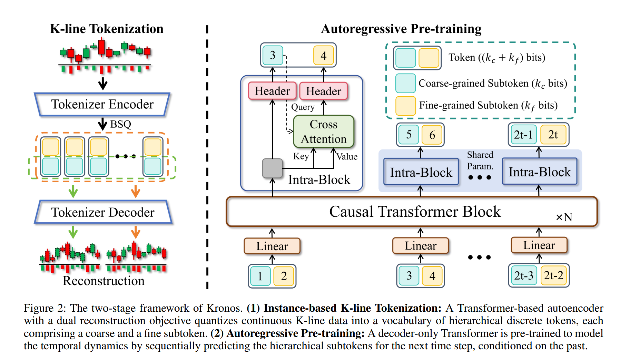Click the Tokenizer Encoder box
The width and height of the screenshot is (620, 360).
102,104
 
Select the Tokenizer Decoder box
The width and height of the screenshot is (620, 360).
103,212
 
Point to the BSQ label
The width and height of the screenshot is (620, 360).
120,124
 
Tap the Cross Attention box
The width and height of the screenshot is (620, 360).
323,132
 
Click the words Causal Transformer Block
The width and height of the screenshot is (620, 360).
415,212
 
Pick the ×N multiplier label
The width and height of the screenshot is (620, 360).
564,217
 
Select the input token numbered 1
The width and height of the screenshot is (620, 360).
260,276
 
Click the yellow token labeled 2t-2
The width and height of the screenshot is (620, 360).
553,275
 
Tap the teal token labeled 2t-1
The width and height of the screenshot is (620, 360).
523,135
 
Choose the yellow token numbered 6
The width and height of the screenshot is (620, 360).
432,135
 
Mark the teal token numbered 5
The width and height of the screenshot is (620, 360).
409,135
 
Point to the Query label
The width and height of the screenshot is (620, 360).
303,107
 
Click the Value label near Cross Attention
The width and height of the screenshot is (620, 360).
347,157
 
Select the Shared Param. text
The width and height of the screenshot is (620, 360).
480,160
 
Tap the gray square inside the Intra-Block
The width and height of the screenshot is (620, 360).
272,168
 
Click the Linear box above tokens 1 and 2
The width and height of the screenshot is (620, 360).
272,246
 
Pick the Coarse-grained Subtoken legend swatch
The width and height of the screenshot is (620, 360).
405,83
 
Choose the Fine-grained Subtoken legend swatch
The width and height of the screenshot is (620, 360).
405,105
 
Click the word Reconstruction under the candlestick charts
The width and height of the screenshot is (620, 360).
104,281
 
